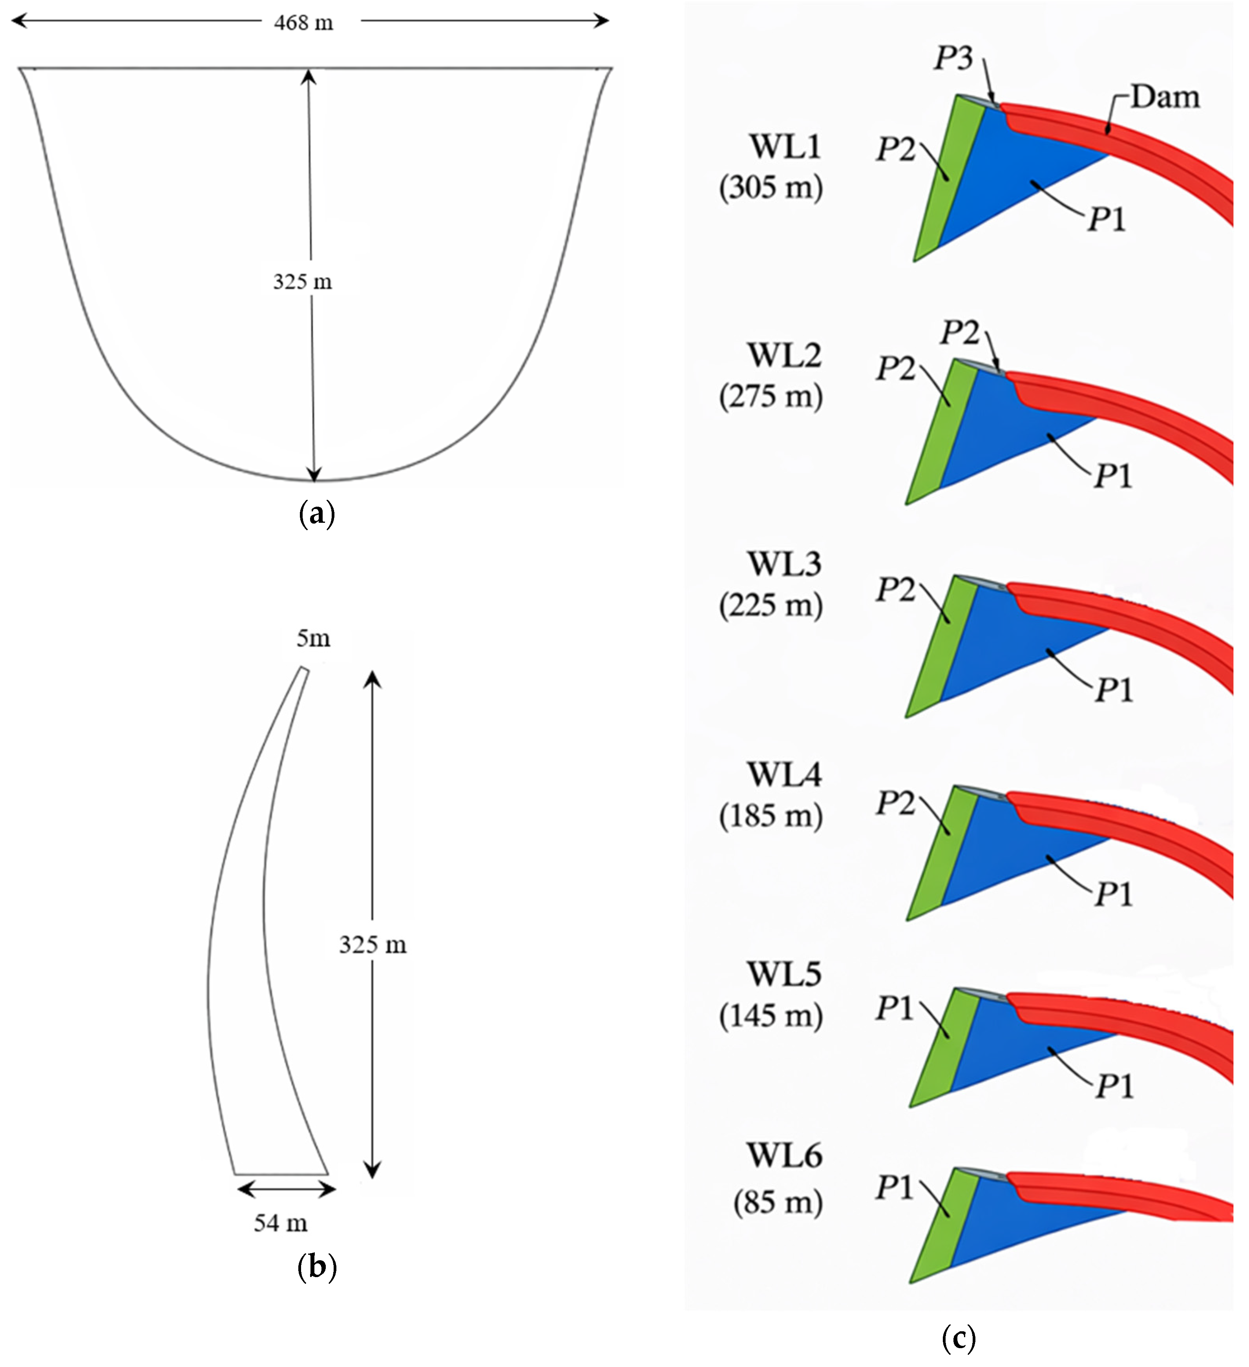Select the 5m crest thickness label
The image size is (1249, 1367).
click(313, 638)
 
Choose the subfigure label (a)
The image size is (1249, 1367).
click(317, 515)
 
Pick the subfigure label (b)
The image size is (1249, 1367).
click(317, 1267)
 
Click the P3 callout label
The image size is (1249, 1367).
click(953, 59)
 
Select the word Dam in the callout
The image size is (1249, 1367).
click(1165, 97)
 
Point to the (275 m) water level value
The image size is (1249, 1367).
click(771, 396)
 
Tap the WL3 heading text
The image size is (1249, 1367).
click(785, 564)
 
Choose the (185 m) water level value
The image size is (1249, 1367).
click(771, 815)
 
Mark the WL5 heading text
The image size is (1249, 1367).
click(785, 975)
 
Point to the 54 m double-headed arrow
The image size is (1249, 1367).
click(286, 1189)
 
